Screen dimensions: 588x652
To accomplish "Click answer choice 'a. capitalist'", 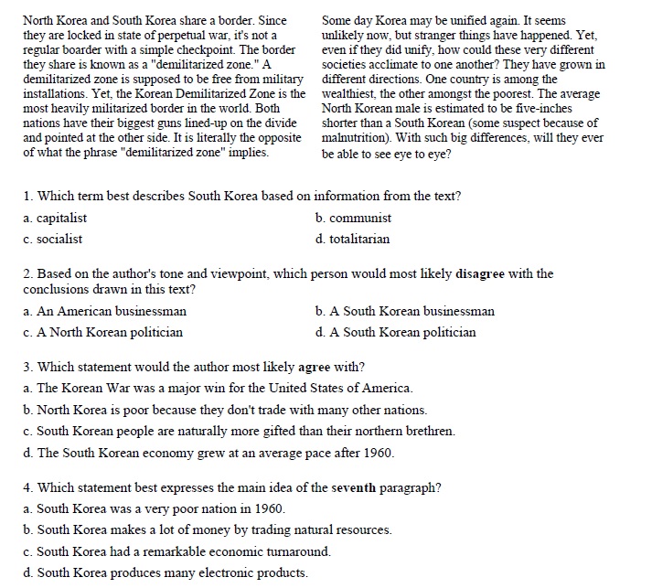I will coord(56,219).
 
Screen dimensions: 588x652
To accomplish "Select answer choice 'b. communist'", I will coord(353,219).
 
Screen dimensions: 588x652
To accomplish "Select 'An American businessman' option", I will coord(105,311).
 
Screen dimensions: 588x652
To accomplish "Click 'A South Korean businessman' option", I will coord(405,311).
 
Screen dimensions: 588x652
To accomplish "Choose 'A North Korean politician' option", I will coord(103,332).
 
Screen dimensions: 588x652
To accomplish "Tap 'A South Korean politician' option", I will coord(395,332).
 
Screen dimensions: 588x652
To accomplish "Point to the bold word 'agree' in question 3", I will coord(315,368).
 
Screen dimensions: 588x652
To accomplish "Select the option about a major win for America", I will coord(219,389).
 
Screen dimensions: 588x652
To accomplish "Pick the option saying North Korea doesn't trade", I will coord(226,410).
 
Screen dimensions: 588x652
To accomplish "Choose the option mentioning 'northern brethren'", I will coord(240,431).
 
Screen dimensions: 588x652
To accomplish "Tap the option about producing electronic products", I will coord(166,573).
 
